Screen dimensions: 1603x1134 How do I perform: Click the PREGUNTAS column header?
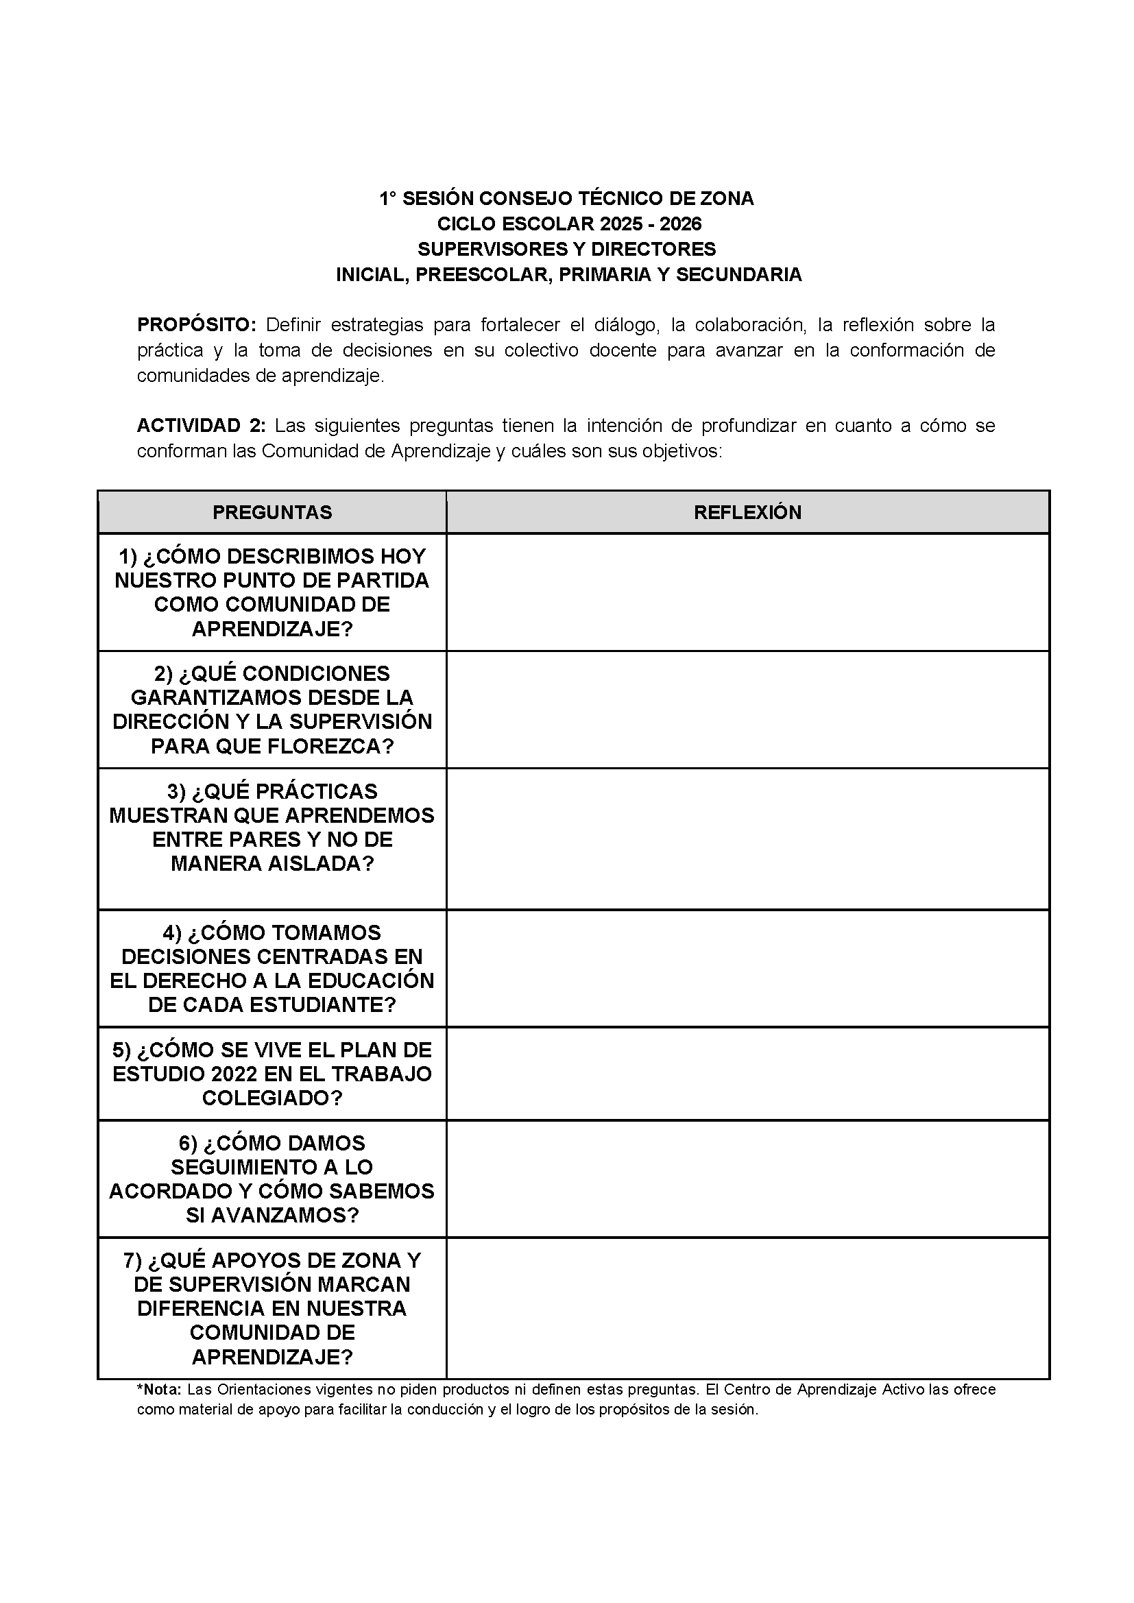click(x=272, y=512)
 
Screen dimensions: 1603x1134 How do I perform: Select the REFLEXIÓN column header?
click(x=747, y=512)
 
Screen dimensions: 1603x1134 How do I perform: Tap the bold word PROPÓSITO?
click(x=197, y=325)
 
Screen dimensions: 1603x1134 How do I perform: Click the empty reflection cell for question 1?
click(x=747, y=593)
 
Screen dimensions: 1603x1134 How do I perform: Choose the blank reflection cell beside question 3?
click(x=747, y=839)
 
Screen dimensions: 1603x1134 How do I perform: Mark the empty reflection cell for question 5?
click(x=747, y=1074)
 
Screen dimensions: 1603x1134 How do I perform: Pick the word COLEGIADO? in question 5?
click(x=272, y=1098)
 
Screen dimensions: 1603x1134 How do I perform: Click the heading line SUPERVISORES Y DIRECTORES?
click(x=566, y=250)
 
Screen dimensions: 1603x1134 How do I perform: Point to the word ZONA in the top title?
click(x=726, y=199)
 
